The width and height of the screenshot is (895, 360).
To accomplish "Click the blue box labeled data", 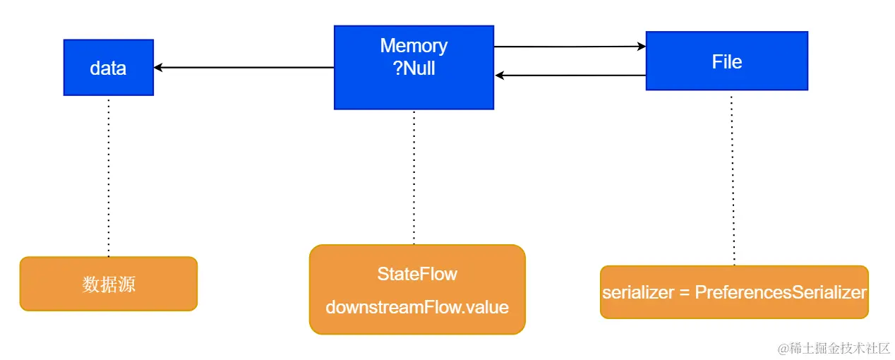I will (108, 68).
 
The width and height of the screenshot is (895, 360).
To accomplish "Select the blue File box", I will (726, 61).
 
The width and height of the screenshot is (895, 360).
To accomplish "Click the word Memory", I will (414, 46).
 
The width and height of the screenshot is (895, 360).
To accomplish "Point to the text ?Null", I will (414, 68).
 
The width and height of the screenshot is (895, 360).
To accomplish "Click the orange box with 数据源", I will (108, 284).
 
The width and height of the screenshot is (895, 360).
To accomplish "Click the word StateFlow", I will (417, 275).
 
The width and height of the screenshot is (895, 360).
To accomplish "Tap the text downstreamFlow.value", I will (417, 308).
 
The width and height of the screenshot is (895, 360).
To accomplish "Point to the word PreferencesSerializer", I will (781, 292).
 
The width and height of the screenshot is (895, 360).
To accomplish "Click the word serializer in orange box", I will (638, 292).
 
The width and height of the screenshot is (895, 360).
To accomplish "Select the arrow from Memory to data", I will (244, 68).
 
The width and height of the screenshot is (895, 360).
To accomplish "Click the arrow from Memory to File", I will (570, 47).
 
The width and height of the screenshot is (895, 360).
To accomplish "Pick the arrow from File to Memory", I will (570, 76).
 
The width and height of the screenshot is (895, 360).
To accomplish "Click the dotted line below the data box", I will (109, 176).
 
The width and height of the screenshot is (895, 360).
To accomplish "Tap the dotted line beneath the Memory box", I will (414, 176).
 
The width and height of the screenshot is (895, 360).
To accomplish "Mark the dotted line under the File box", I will (732, 176).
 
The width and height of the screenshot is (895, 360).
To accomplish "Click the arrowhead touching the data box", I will (159, 68).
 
